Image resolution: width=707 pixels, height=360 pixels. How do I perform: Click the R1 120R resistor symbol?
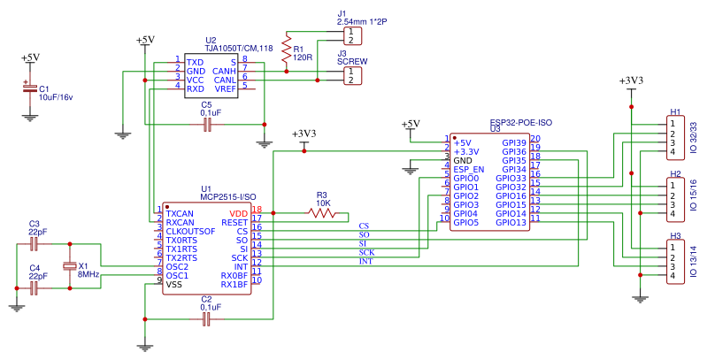click(x=286, y=51)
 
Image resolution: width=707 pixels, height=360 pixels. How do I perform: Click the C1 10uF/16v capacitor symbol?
click(x=29, y=88)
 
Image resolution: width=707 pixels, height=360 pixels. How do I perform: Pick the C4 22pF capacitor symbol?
click(x=35, y=287)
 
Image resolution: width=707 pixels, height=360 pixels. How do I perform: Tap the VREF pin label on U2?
click(x=225, y=88)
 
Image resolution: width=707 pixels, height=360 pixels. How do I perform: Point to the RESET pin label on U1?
click(x=234, y=222)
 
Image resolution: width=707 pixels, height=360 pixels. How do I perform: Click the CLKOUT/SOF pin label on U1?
click(x=190, y=231)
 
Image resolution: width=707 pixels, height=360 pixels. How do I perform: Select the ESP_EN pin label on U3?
click(x=468, y=169)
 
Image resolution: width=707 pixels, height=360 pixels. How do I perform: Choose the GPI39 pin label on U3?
click(x=514, y=142)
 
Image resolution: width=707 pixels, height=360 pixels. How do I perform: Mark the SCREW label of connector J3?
click(x=352, y=62)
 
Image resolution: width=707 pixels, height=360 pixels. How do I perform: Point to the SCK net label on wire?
click(x=366, y=253)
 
